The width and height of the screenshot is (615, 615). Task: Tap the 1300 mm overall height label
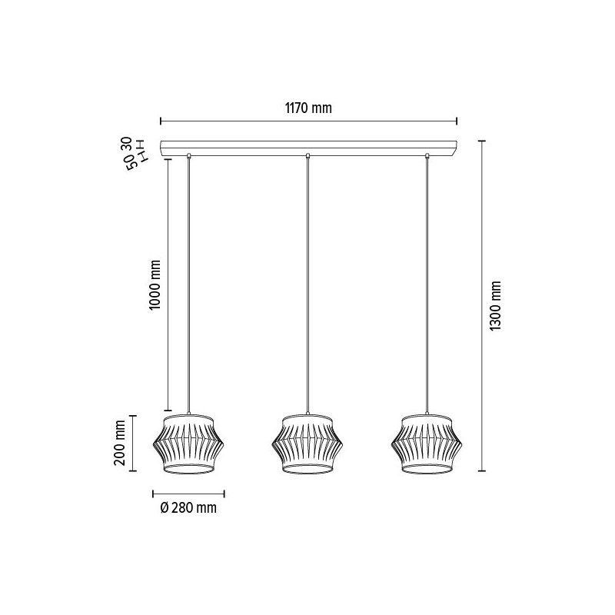(496, 305)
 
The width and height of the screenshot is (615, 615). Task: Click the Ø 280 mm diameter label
(188, 508)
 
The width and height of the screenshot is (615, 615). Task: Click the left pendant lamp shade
(189, 445)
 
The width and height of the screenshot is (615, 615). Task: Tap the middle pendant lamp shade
(307, 445)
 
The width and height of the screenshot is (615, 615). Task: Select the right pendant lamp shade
(427, 445)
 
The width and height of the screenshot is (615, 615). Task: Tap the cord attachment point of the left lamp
(189, 157)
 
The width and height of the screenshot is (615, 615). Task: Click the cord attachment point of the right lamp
(427, 157)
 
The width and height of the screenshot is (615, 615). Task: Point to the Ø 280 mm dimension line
(189, 493)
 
